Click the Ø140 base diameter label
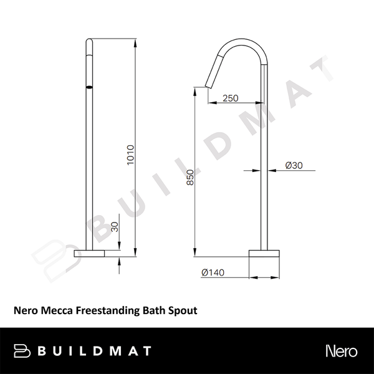(213, 272)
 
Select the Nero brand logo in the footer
(341, 350)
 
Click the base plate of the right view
(267, 253)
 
